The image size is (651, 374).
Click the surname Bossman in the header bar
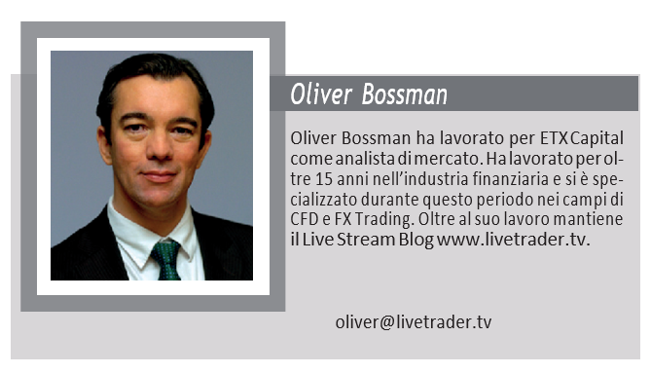pyautogui.click(x=405, y=93)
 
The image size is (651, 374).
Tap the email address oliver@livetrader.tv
pyautogui.click(x=414, y=322)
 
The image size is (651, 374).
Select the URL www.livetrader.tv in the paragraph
pyautogui.click(x=513, y=240)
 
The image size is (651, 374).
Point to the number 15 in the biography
pyautogui.click(x=324, y=179)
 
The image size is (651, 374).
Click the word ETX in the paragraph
pyautogui.click(x=554, y=138)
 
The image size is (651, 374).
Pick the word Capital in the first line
pyautogui.click(x=597, y=138)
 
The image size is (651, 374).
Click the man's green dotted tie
pyautogui.click(x=166, y=260)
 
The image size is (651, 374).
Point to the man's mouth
pyautogui.click(x=159, y=176)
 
